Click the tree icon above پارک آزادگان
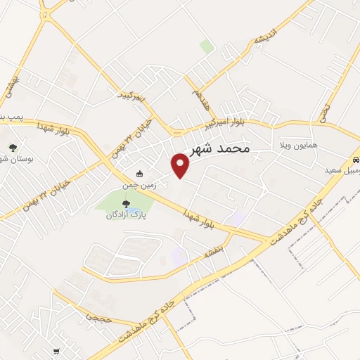click(127, 204)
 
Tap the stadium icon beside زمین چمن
click(139, 174)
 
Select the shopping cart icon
click(56, 352)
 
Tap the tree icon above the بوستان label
click(13, 147)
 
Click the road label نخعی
click(324, 110)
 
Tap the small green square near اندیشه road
click(206, 46)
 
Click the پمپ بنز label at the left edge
click(10, 115)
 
